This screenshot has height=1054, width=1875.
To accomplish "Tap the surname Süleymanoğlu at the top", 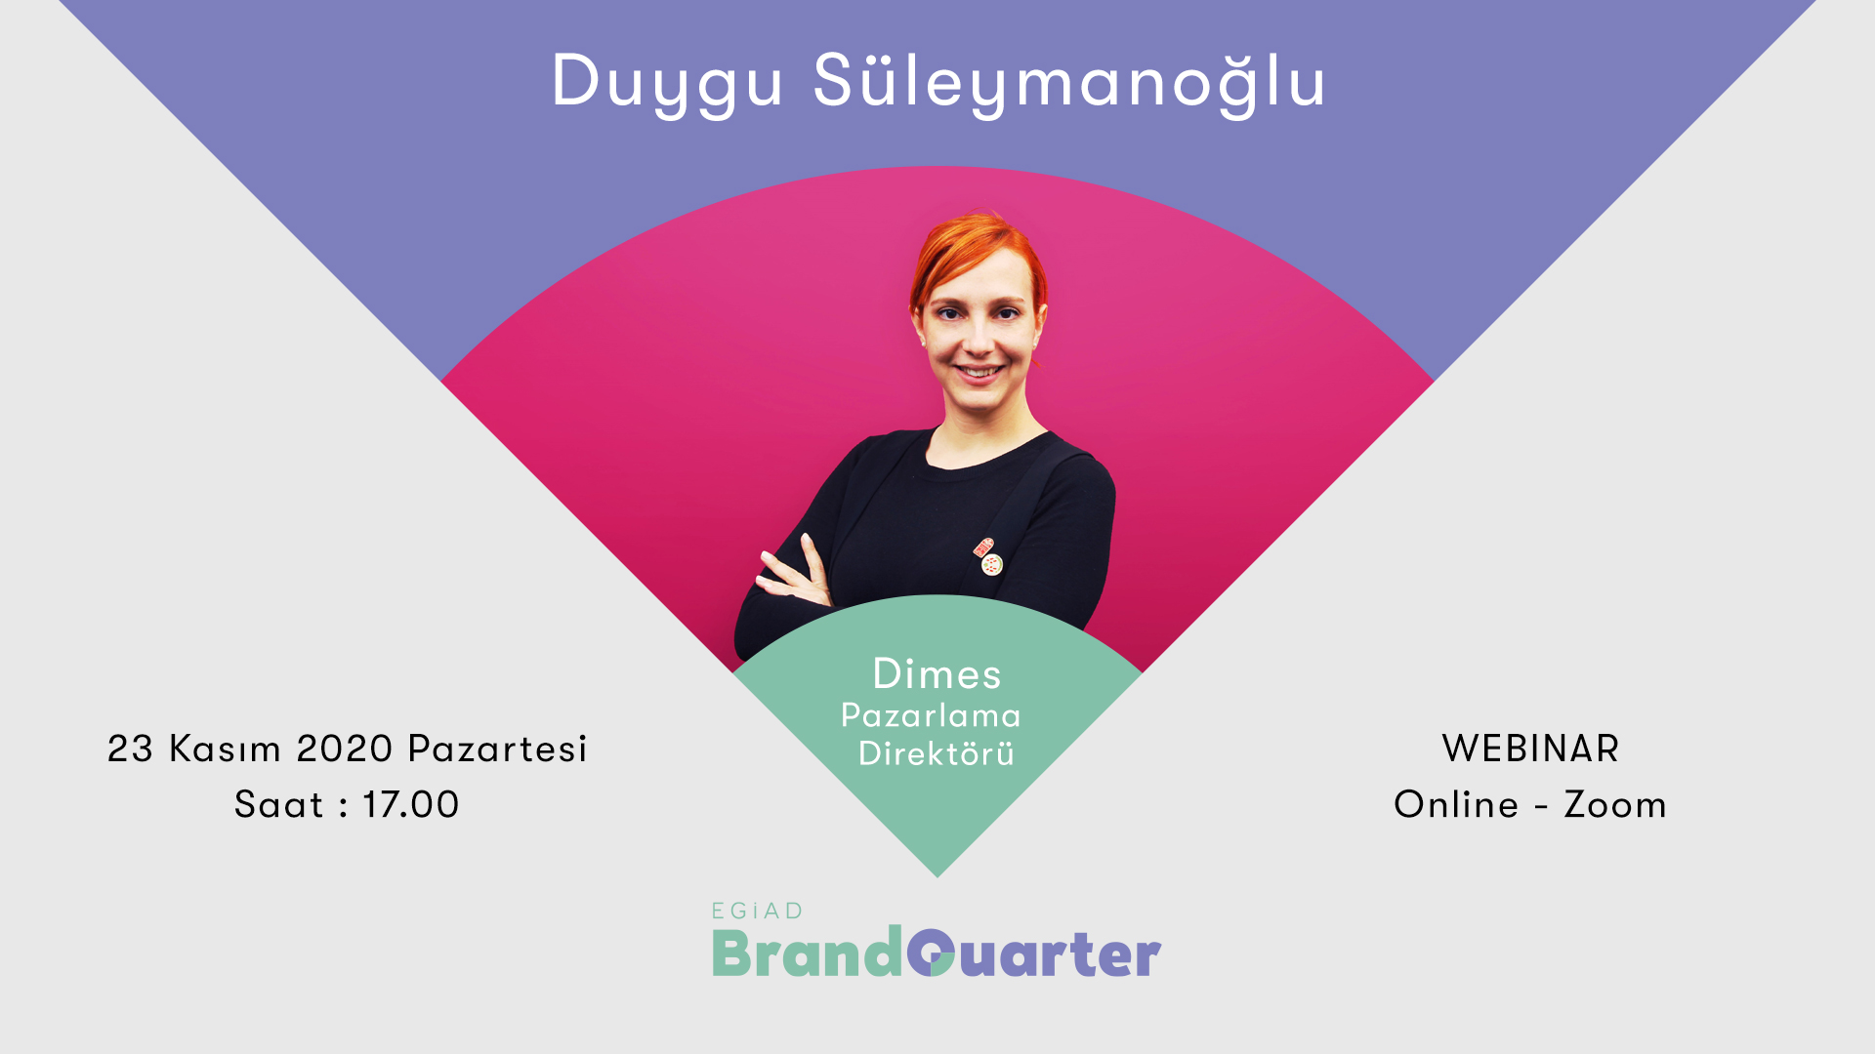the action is click(1069, 83).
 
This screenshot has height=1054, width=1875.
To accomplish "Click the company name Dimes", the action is click(937, 674).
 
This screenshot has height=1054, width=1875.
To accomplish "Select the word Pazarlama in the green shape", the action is click(931, 715).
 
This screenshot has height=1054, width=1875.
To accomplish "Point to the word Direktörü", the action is click(937, 753).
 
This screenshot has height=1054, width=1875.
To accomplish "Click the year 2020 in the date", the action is click(345, 749).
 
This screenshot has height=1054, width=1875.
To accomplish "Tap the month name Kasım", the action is click(226, 749).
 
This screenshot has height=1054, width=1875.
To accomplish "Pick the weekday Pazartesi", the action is click(497, 749).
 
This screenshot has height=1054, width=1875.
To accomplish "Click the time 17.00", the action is click(411, 805).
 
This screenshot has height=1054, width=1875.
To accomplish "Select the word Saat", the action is click(278, 805).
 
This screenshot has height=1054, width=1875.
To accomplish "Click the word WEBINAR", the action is click(1530, 749).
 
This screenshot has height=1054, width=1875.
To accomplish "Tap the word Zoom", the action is click(1615, 805).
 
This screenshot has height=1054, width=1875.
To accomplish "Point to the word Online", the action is click(1456, 805).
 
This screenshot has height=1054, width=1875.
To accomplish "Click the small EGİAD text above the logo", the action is click(757, 912).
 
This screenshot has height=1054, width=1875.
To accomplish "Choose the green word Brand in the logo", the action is click(808, 952).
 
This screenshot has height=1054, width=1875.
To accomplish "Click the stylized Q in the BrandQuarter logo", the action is click(930, 953).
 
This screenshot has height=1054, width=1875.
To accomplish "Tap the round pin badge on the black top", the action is click(992, 564).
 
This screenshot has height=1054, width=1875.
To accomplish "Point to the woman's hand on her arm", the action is click(793, 573).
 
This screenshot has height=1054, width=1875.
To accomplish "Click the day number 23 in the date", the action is click(131, 749).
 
